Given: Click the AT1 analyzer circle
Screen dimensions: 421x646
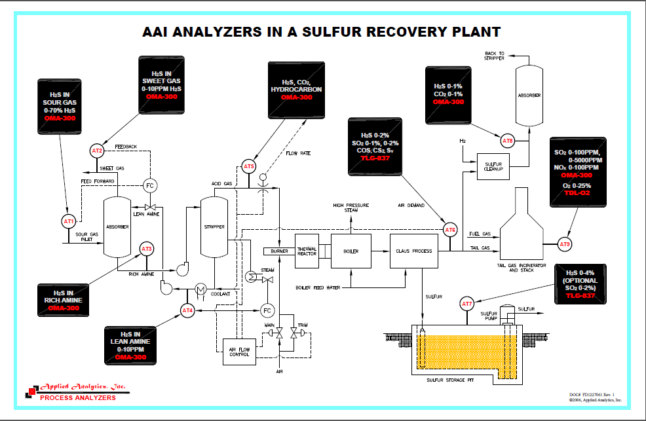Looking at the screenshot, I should click(69, 221).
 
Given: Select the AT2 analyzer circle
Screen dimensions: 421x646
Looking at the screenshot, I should click(97, 151).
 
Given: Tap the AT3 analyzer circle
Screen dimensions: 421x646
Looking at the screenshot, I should click(146, 249).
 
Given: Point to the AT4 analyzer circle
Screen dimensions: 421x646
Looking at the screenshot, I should click(187, 310).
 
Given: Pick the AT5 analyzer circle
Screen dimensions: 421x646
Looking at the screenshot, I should click(248, 167).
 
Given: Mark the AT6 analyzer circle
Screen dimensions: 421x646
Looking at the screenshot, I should click(450, 230).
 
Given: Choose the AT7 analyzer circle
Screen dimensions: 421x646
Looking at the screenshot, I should click(466, 304).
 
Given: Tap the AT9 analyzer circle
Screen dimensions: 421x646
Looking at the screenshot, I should click(565, 244).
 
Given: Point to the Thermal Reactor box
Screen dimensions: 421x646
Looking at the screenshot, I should click(307, 251).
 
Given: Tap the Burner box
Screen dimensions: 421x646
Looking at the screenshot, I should click(276, 251).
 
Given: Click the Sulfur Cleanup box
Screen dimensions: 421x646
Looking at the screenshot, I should click(493, 168).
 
